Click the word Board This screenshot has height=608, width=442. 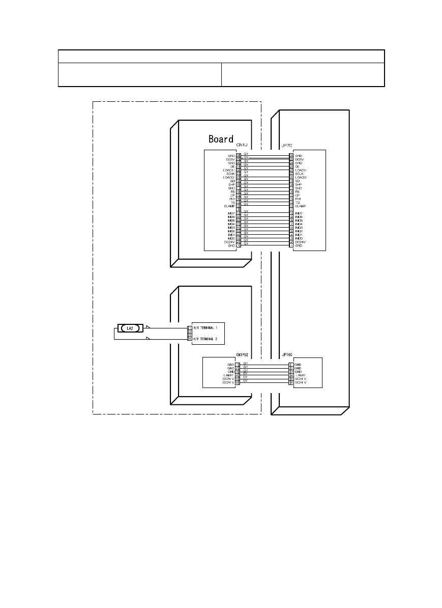[221, 139]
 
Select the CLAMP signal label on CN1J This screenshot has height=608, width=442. [229, 206]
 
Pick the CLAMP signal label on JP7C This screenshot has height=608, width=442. [301, 206]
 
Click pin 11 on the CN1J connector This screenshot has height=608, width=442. [239, 209]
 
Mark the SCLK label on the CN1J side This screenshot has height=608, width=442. [229, 174]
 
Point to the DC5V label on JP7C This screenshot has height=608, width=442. [300, 159]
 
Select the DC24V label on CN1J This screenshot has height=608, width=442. [228, 241]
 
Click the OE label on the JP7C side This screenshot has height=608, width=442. [298, 167]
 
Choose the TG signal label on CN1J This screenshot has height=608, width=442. [232, 202]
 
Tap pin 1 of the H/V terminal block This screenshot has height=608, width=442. [190, 328]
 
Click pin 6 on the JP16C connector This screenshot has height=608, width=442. [290, 382]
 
